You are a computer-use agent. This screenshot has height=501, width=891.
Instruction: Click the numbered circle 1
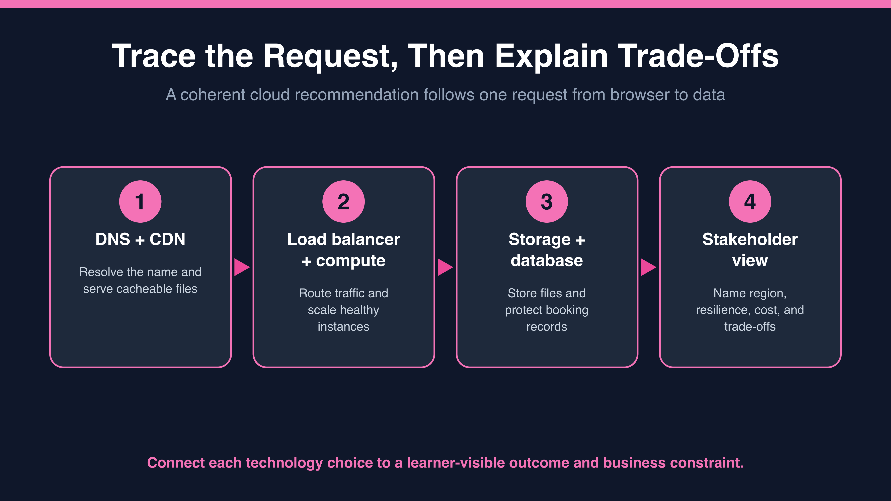[140, 202]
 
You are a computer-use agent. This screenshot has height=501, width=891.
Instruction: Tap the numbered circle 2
[343, 202]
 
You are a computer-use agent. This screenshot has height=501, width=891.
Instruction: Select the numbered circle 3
[547, 202]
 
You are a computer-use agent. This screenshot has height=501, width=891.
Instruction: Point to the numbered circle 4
[750, 202]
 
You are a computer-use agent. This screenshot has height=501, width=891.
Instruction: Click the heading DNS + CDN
[140, 239]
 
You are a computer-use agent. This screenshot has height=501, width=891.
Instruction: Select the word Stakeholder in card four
[750, 239]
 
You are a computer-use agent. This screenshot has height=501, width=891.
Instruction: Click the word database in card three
[547, 260]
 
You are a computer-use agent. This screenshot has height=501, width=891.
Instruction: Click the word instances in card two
[343, 327]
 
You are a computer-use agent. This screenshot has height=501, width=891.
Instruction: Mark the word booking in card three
[568, 310]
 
